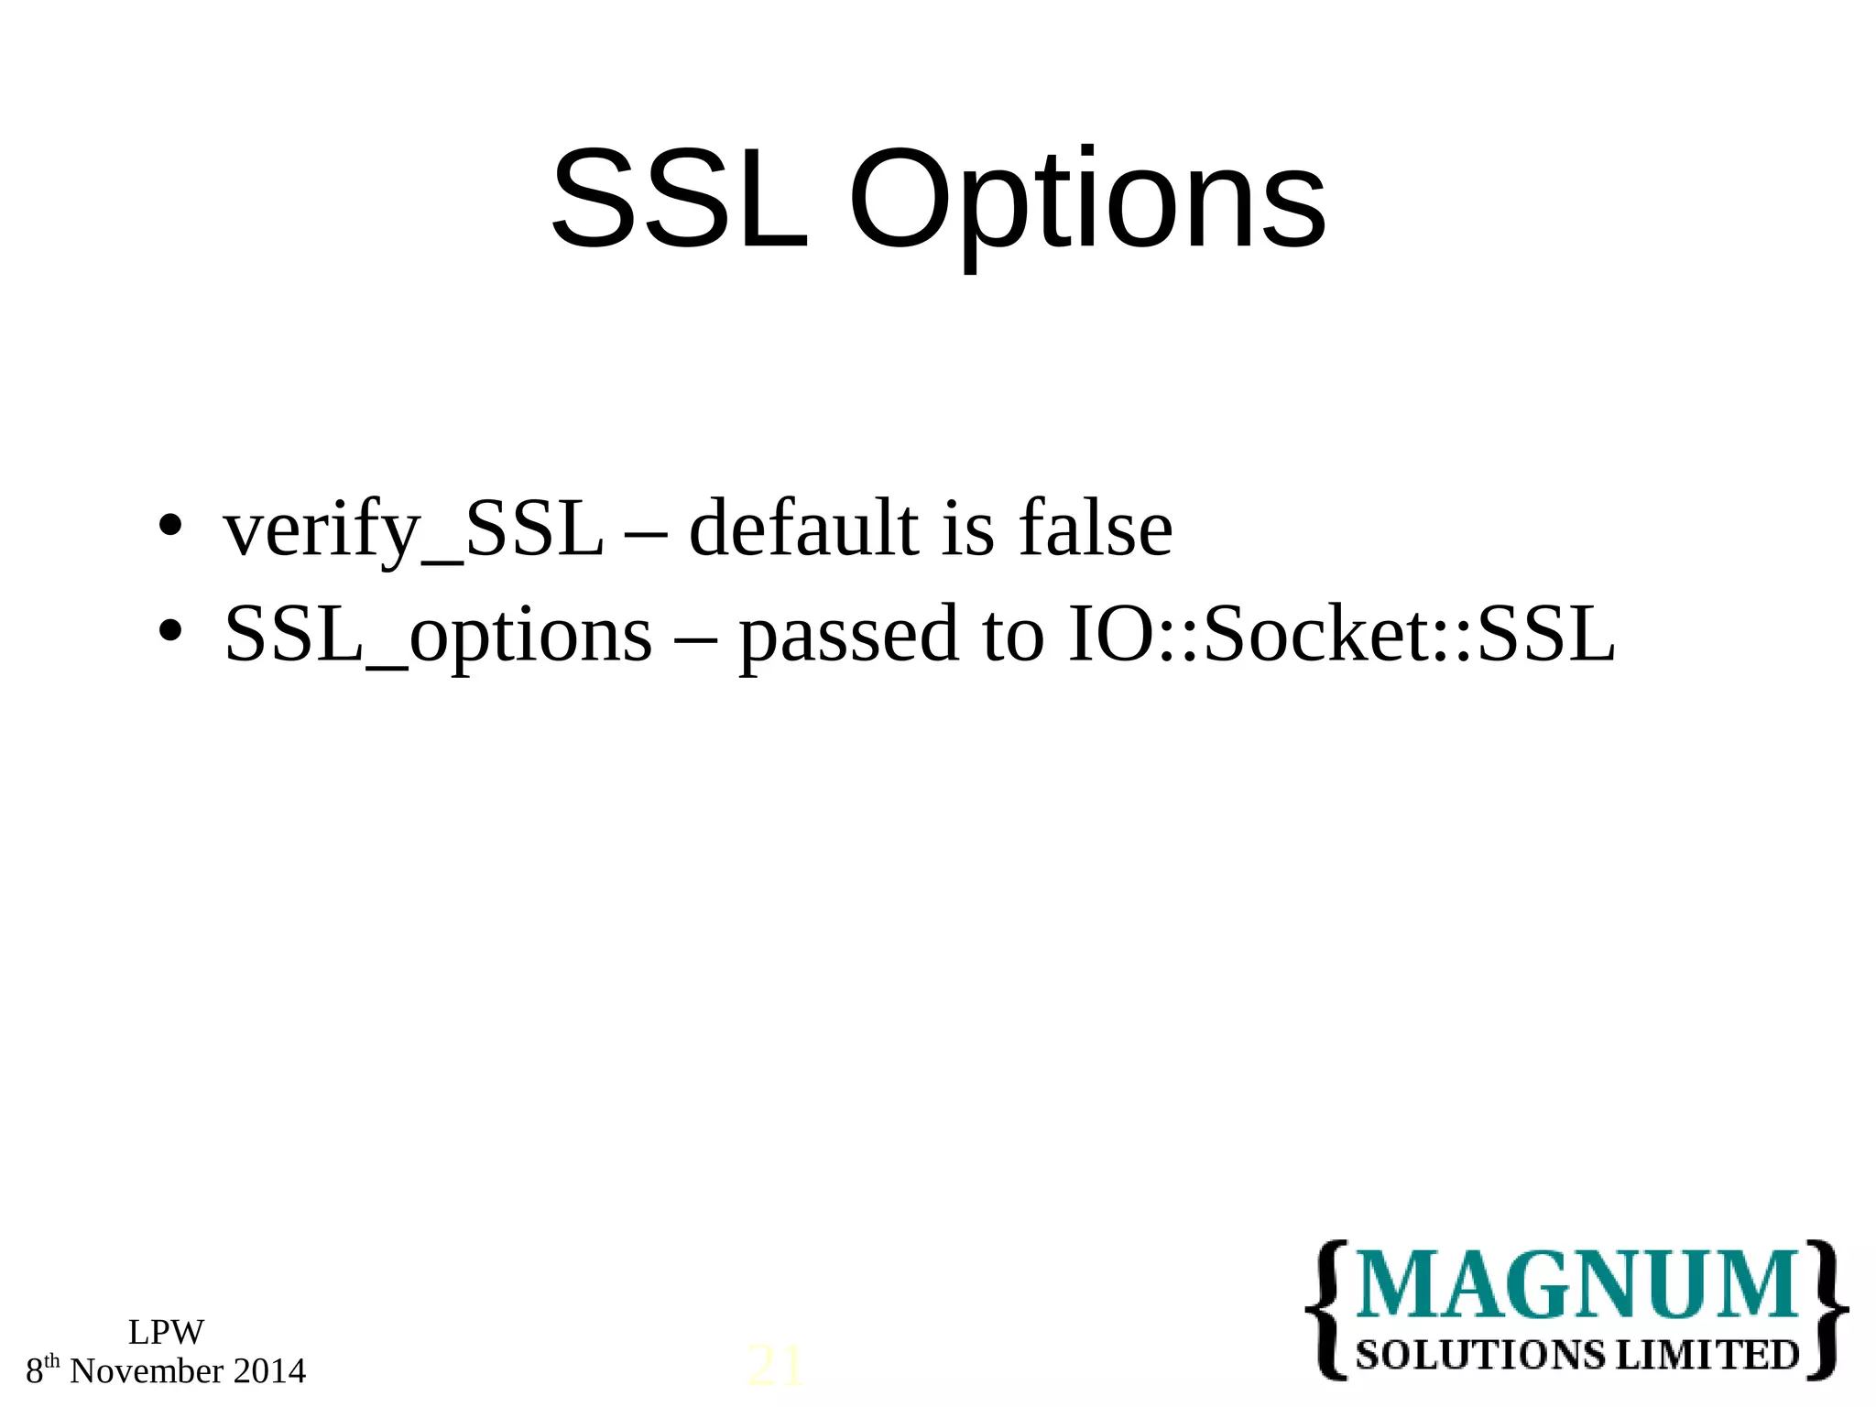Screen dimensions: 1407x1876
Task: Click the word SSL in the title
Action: pos(680,201)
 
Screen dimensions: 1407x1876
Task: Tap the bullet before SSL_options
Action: pos(169,631)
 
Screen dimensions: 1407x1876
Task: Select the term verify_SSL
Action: pos(413,530)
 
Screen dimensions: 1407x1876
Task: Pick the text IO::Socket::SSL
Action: pos(1341,634)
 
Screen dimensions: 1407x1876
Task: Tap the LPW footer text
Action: pos(166,1332)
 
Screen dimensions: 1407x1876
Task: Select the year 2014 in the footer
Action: pos(269,1371)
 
